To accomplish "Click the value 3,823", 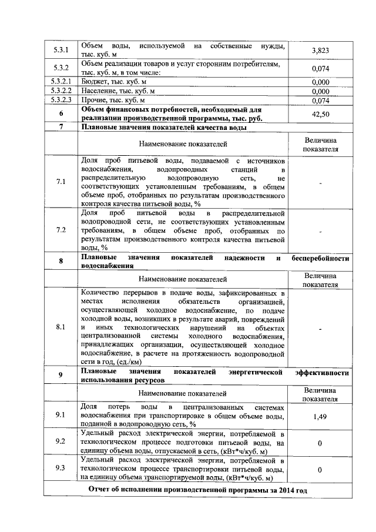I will tap(320, 51).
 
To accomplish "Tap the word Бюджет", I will tap(95, 82).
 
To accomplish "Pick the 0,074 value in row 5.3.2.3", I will tap(320, 101).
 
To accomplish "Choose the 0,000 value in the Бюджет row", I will tap(320, 82).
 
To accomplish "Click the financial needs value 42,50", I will tap(320, 114).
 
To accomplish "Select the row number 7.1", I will tap(61, 182).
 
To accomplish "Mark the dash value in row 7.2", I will tap(320, 230).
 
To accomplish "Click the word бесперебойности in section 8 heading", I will tap(321, 258).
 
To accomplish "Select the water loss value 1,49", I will tap(320, 415).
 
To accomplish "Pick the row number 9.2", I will tap(61, 441).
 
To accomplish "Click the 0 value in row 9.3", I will tap(320, 470).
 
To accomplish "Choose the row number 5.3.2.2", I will tap(61, 91).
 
